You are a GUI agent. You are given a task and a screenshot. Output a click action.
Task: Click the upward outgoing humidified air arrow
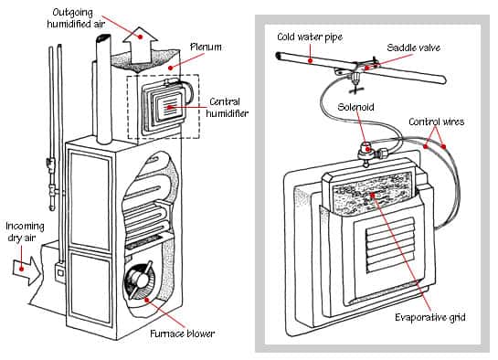(x=140, y=46)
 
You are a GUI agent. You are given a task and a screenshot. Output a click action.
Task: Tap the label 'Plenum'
(x=206, y=48)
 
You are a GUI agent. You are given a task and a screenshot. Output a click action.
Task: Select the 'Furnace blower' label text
(x=183, y=334)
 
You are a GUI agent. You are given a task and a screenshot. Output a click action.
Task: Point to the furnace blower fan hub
(x=140, y=280)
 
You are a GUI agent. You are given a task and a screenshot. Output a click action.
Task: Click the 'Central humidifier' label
(x=228, y=108)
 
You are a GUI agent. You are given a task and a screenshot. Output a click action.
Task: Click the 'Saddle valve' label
(x=413, y=48)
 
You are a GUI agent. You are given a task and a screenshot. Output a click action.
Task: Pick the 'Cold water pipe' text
(x=310, y=37)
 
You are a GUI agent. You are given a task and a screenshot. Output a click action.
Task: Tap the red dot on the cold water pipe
(x=310, y=60)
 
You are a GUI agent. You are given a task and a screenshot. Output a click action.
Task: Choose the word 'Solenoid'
(x=355, y=107)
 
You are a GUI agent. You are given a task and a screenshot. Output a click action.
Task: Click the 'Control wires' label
(x=437, y=122)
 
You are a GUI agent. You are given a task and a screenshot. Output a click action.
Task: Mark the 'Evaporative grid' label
(x=430, y=317)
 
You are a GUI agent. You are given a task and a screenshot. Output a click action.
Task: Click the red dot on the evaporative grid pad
(x=373, y=195)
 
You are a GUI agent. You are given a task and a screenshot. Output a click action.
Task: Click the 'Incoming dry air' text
(x=25, y=232)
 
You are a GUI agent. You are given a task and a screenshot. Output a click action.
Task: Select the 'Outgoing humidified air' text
(x=76, y=18)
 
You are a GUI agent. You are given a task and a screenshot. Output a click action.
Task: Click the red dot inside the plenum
(x=171, y=68)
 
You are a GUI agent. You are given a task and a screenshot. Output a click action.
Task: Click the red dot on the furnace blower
(x=147, y=300)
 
